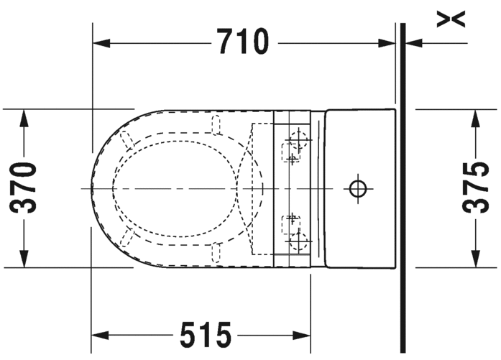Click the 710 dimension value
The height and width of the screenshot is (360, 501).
(243, 42)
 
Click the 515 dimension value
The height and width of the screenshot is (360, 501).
(206, 335)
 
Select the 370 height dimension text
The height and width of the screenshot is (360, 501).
(23, 188)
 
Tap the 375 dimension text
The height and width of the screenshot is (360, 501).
(475, 188)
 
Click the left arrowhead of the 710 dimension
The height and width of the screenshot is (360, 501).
(101, 43)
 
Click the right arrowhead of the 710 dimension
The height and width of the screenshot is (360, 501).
(387, 43)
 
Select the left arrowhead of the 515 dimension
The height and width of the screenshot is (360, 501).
(100, 336)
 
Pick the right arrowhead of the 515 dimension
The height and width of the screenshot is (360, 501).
(302, 336)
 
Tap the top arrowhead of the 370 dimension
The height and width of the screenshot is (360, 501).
(24, 118)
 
